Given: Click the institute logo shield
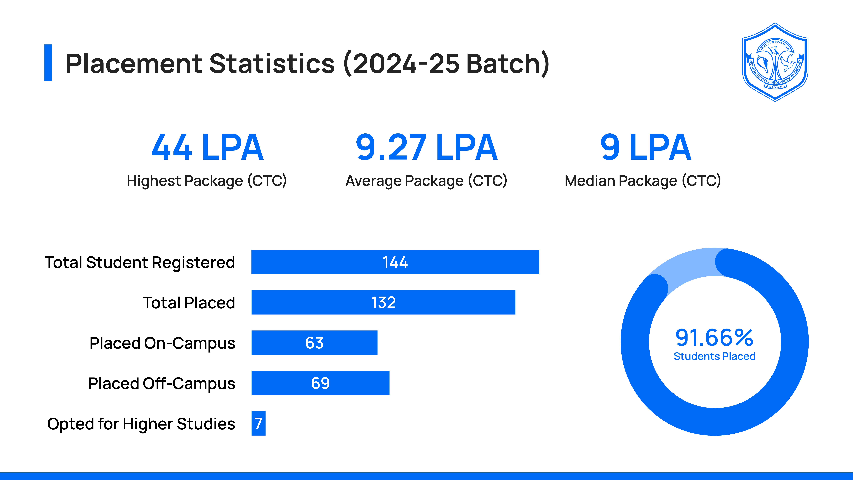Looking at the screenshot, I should point(775,62).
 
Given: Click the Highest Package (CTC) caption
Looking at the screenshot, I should point(207,181).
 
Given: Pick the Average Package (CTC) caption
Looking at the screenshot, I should point(426,181).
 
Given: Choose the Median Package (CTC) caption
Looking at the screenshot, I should point(642,181).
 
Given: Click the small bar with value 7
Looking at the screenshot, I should point(258,423).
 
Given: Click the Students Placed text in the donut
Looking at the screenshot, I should point(714,356).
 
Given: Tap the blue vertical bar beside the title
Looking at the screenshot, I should point(48,63).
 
